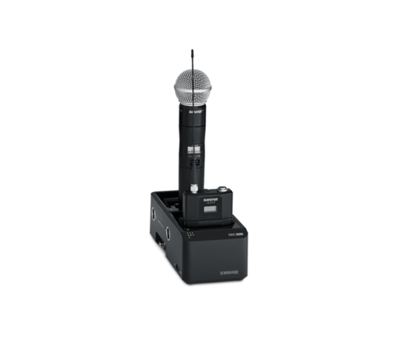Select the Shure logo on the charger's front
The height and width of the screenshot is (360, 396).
(230, 272)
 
